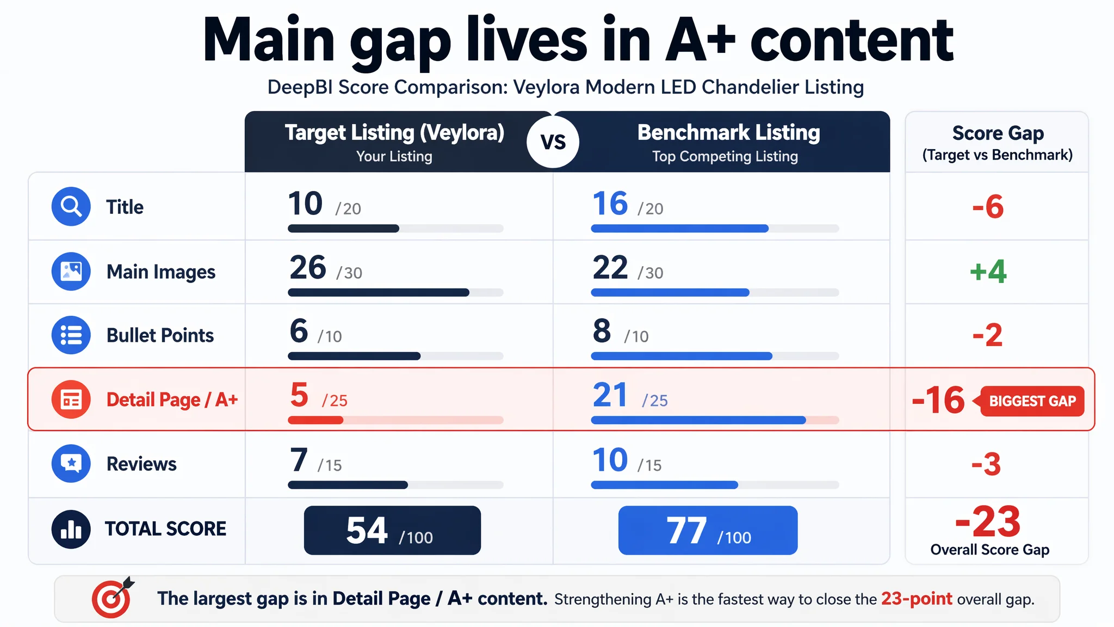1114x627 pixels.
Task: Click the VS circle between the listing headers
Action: (x=553, y=142)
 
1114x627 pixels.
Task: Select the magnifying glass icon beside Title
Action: (x=71, y=206)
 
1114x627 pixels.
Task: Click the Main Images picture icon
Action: (x=71, y=271)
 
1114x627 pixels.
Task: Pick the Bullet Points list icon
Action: (x=71, y=335)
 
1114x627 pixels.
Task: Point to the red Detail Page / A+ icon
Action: (x=71, y=399)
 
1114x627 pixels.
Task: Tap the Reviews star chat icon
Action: (x=71, y=463)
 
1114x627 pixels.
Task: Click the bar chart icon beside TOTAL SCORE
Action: (x=71, y=528)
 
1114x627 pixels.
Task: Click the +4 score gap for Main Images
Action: (x=988, y=271)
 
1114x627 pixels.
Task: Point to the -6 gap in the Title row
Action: (x=988, y=207)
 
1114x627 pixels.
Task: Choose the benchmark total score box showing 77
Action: (x=708, y=530)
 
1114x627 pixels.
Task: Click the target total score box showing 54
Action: (x=392, y=530)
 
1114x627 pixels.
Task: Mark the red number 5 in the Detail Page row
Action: (x=299, y=395)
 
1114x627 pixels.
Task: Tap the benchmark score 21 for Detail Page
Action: (x=610, y=395)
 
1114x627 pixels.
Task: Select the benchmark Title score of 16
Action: (x=610, y=204)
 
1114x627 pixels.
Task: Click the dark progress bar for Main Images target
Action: (x=378, y=293)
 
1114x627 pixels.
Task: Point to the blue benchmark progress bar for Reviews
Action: (x=664, y=485)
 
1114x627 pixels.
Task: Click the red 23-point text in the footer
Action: (x=917, y=599)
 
